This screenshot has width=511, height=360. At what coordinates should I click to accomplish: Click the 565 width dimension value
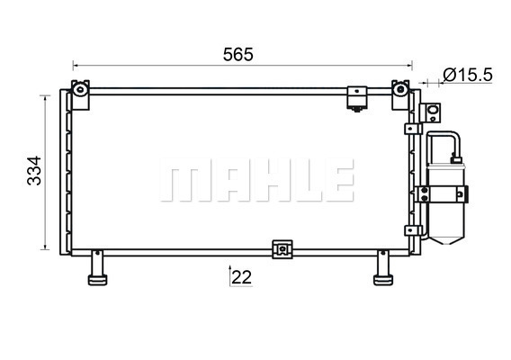[x=238, y=55]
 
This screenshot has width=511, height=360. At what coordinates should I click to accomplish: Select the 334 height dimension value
[x=34, y=170]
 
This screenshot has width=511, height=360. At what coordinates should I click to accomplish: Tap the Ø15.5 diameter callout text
[x=468, y=75]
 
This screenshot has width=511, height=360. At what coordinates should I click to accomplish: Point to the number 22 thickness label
[x=241, y=277]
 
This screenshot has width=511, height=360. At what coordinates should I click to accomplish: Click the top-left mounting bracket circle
[x=80, y=89]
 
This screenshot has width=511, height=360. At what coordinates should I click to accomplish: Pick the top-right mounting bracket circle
[x=399, y=89]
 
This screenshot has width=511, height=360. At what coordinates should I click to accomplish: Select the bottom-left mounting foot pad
[x=97, y=280]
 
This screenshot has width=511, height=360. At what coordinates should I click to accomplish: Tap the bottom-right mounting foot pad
[x=383, y=280]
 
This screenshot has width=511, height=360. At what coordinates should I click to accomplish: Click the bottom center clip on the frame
[x=282, y=249]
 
